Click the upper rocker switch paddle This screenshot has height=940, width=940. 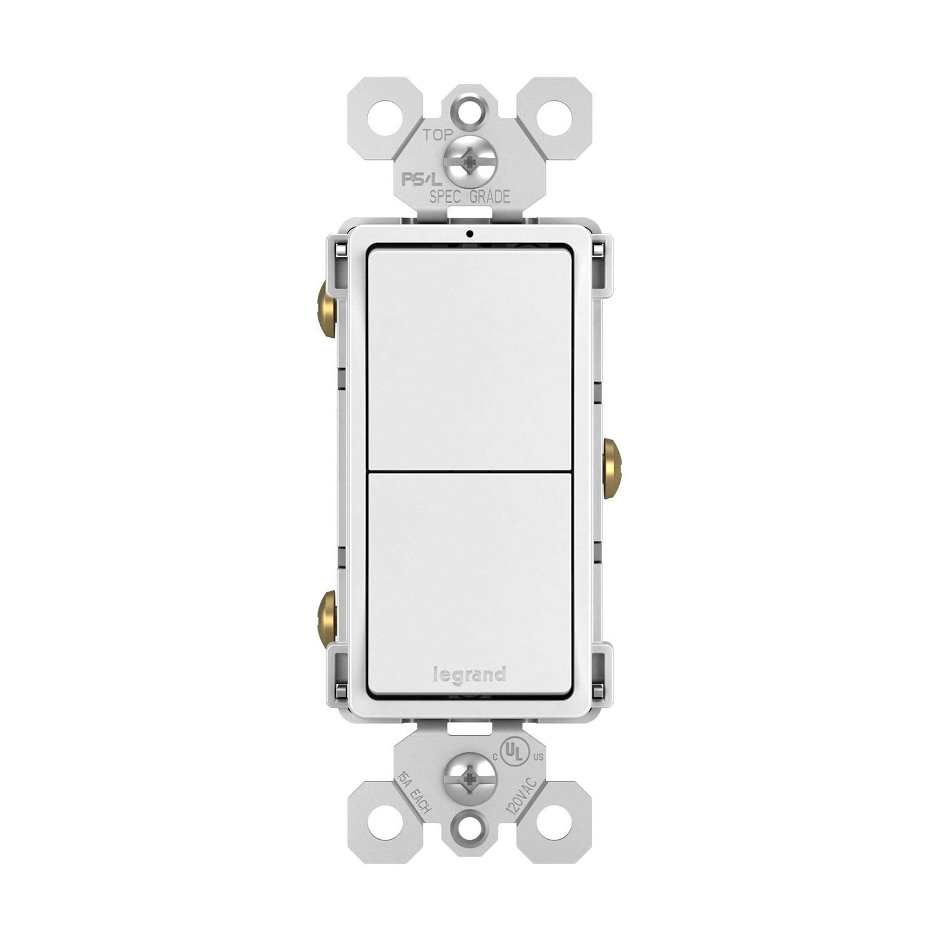(469, 357)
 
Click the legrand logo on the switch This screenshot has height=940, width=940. (469, 675)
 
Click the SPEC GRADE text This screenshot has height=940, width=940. (469, 197)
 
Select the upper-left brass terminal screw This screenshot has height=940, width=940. (327, 309)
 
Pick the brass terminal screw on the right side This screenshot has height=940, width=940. (612, 468)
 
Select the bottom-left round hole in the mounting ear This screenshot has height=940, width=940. (382, 820)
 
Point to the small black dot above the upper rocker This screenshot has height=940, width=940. (469, 234)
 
